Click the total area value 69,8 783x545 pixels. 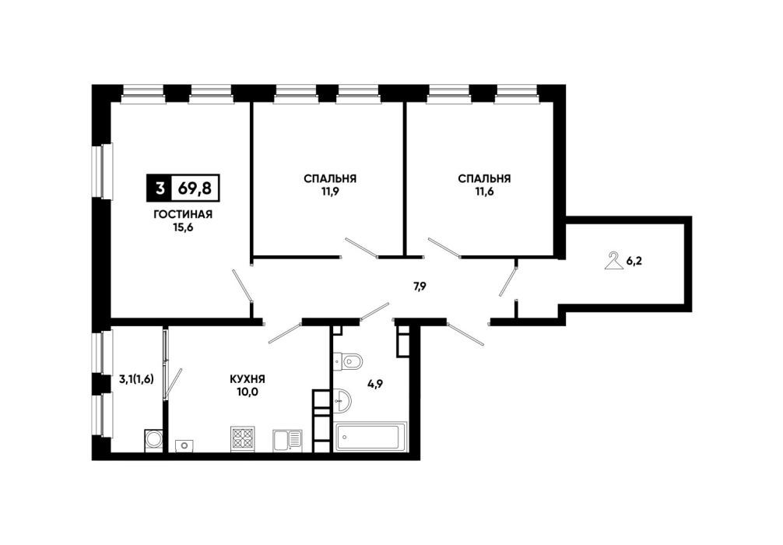point(195,188)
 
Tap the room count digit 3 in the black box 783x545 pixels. point(160,188)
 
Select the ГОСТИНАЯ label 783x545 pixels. point(183,214)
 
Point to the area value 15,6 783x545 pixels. point(183,227)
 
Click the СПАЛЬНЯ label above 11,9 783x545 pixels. point(330,178)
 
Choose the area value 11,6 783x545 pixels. point(484,192)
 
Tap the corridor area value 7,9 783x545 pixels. point(420,287)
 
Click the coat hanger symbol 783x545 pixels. point(614,262)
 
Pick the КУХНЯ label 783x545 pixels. point(248,379)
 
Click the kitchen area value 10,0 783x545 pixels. point(248,392)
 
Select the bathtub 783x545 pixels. point(370,436)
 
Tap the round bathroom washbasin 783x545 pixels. point(342,401)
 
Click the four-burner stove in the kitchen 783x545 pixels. point(243,440)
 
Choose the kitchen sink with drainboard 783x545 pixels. point(287,441)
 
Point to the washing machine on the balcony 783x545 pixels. point(154,440)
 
